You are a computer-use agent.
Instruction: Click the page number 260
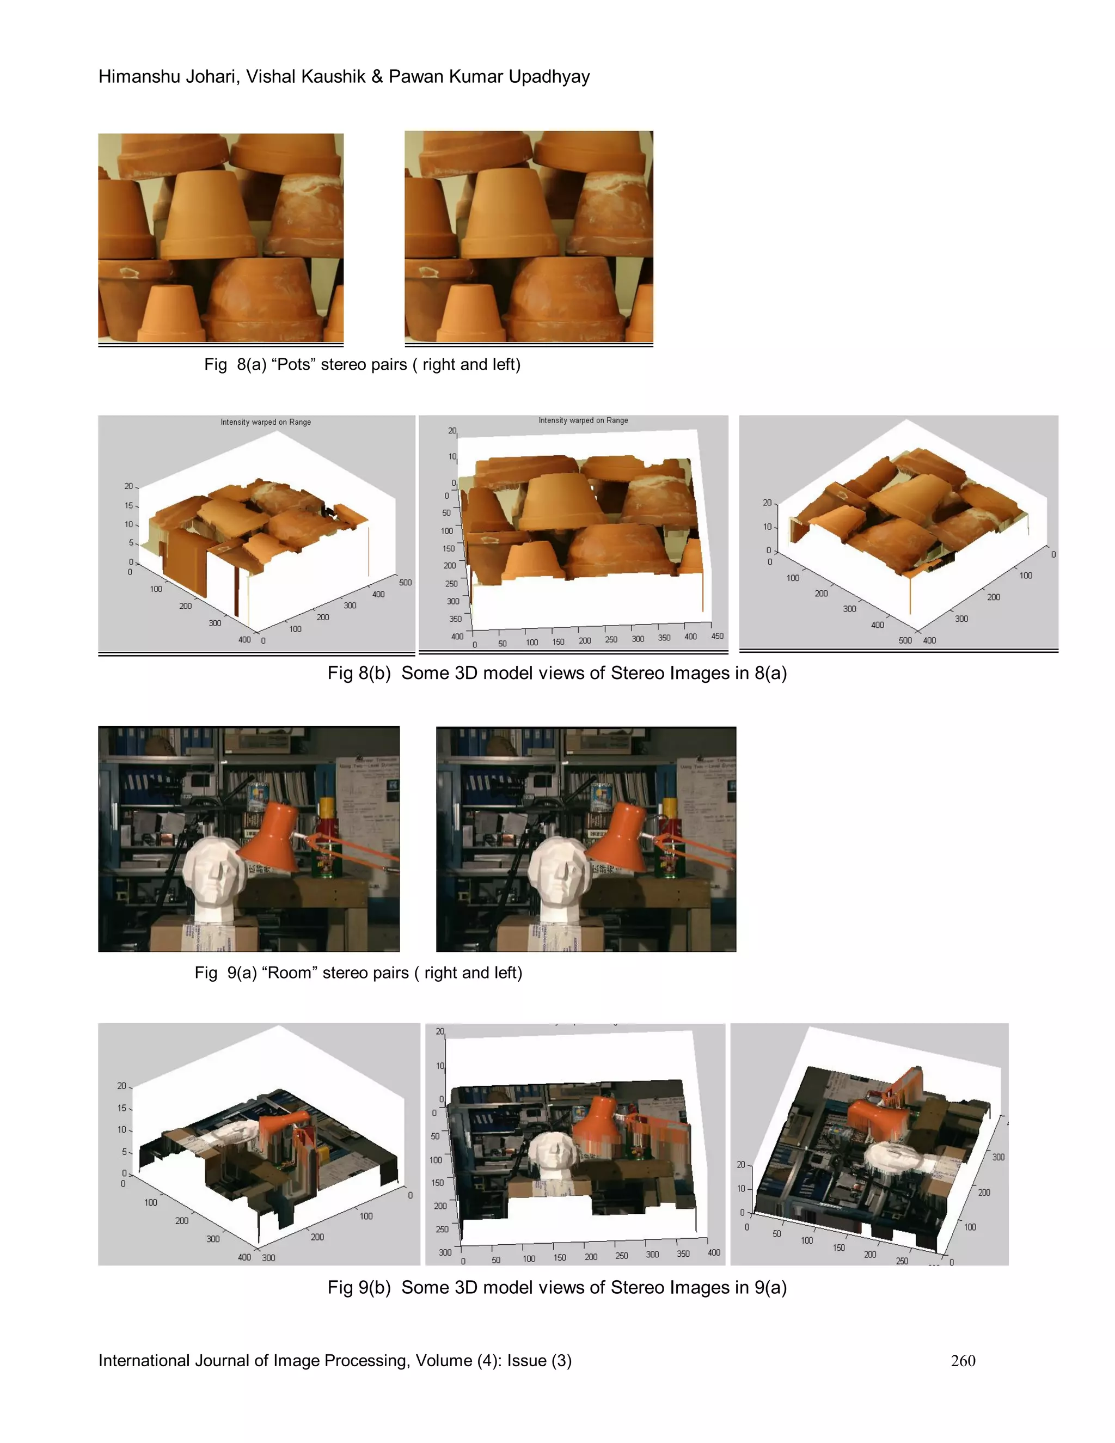[x=963, y=1360]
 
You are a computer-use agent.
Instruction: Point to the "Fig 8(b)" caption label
[x=359, y=673]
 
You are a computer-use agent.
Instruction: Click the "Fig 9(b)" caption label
[x=359, y=1288]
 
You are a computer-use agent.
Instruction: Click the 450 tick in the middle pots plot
[x=716, y=635]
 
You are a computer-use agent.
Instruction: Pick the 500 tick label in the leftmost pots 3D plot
[x=405, y=582]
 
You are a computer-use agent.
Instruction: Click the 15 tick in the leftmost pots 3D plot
[x=129, y=505]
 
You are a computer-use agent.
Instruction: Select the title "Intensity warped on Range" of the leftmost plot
[x=266, y=421]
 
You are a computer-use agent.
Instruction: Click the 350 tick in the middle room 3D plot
[x=683, y=1254]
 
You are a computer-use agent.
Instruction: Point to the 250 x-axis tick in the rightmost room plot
[x=902, y=1261]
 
